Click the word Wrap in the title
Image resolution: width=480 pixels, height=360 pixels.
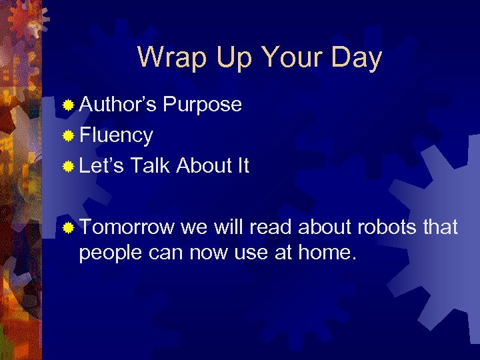171,57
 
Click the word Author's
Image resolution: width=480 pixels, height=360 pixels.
118,105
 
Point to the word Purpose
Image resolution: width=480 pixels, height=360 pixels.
202,105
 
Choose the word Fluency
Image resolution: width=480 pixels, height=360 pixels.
116,135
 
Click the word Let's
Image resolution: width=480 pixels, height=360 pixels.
101,166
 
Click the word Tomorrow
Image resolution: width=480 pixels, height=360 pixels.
127,227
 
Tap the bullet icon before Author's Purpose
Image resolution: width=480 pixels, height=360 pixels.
68,105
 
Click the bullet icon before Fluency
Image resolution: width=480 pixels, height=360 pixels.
68,136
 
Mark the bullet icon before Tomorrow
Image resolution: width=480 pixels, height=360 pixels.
68,228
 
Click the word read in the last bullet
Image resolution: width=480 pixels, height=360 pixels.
272,227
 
